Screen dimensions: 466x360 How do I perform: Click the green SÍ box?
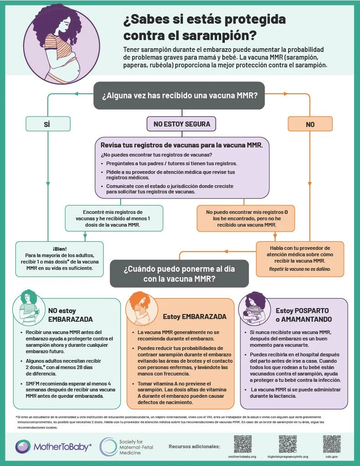click(x=48, y=123)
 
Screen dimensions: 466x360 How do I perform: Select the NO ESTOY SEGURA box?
click(x=181, y=123)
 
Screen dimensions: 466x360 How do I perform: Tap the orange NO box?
click(x=310, y=124)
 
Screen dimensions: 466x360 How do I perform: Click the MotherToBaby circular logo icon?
click(x=23, y=446)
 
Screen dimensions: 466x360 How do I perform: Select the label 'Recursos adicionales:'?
click(x=194, y=446)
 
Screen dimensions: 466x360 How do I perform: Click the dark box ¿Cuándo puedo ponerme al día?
click(x=179, y=274)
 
